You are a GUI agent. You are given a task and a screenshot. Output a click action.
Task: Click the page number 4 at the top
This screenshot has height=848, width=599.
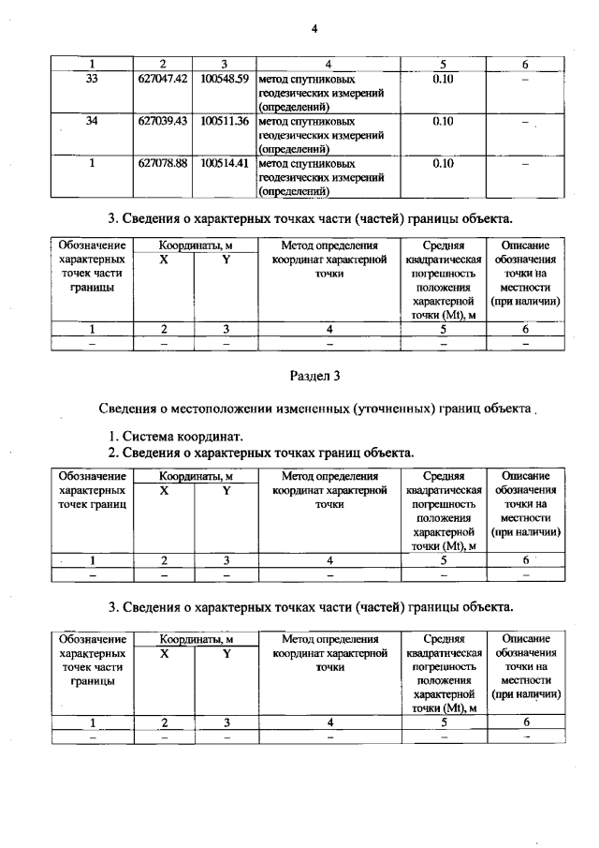pyautogui.click(x=315, y=28)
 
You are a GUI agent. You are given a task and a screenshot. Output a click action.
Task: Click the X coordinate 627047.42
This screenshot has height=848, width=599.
pyautogui.click(x=163, y=79)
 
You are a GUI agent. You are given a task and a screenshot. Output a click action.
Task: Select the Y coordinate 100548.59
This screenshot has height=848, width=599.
pyautogui.click(x=224, y=79)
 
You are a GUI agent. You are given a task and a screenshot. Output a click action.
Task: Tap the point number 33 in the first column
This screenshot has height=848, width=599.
pyautogui.click(x=92, y=79)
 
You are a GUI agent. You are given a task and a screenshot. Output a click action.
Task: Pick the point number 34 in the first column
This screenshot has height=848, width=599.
pyautogui.click(x=92, y=121)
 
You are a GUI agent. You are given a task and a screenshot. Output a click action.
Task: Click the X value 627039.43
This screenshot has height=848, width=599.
pyautogui.click(x=163, y=121)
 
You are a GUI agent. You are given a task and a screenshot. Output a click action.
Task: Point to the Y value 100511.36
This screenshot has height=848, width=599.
pyautogui.click(x=224, y=121)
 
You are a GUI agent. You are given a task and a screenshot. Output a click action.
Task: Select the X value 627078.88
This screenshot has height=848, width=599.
pyautogui.click(x=163, y=162)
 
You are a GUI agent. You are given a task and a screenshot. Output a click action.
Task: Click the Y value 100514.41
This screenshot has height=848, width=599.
pyautogui.click(x=224, y=162)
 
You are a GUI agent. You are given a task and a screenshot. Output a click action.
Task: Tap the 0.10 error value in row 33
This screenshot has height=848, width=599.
pyautogui.click(x=444, y=79)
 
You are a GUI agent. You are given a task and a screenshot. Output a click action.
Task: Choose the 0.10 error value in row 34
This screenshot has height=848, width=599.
pyautogui.click(x=444, y=121)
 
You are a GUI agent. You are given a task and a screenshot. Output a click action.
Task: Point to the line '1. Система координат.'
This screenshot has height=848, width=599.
pyautogui.click(x=176, y=436)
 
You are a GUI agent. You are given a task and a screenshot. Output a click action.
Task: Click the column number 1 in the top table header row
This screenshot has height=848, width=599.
pyautogui.click(x=92, y=64)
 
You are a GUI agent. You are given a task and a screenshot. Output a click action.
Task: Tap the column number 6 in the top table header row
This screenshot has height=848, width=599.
pyautogui.click(x=524, y=64)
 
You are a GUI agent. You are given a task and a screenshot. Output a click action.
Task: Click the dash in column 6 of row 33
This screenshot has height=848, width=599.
pyautogui.click(x=524, y=81)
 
